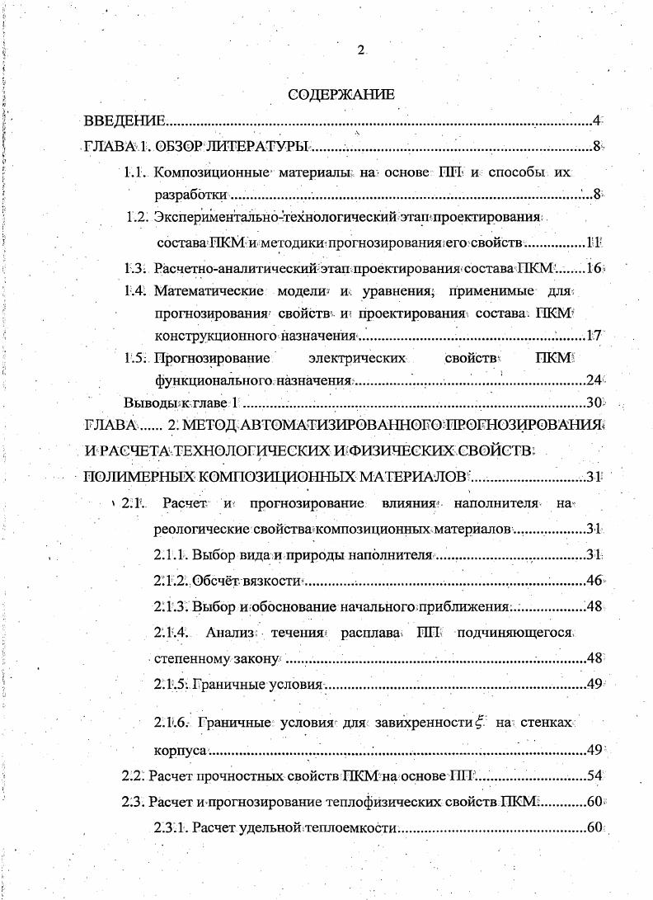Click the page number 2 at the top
[x=360, y=50]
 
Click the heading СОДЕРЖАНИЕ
[x=341, y=95]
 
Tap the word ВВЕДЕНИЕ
[x=125, y=121]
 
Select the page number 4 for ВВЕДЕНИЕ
[x=597, y=121]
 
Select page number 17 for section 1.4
[x=594, y=336]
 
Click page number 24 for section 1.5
[x=594, y=380]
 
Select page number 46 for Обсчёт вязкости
[x=594, y=582]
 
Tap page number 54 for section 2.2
[x=594, y=776]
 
